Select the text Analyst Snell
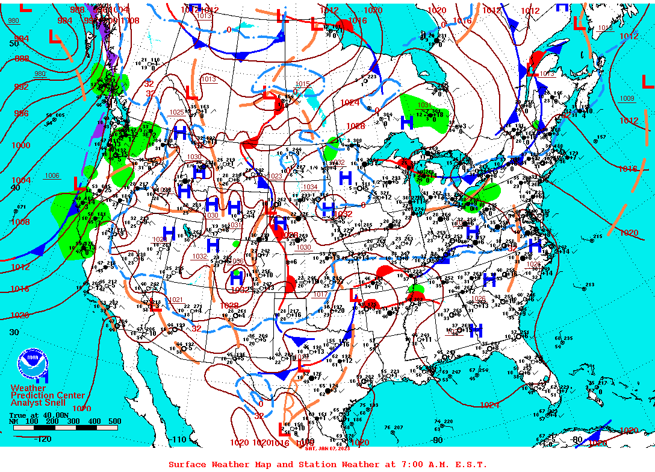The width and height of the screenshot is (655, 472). pyautogui.click(x=39, y=402)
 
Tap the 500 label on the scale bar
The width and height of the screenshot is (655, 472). pyautogui.click(x=114, y=421)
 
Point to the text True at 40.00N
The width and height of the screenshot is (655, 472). pyautogui.click(x=36, y=415)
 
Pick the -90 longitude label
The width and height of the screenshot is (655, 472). pyautogui.click(x=437, y=439)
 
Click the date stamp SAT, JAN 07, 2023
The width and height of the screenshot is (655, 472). pyautogui.click(x=327, y=448)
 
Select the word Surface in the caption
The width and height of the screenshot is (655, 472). pyautogui.click(x=187, y=464)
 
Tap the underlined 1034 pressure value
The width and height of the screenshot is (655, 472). pyautogui.click(x=310, y=187)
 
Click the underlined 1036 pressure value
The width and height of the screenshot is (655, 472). pyautogui.click(x=235, y=261)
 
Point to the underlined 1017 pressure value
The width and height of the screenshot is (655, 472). pyautogui.click(x=320, y=294)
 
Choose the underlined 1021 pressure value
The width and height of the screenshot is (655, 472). pyautogui.click(x=176, y=300)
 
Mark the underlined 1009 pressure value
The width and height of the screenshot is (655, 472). pyautogui.click(x=627, y=98)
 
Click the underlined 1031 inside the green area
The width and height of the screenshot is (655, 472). pyautogui.click(x=424, y=105)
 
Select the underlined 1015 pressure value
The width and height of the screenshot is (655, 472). pyautogui.click(x=302, y=84)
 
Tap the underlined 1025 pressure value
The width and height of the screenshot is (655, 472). pyautogui.click(x=176, y=112)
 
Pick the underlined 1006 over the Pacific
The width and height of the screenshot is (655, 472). pyautogui.click(x=52, y=175)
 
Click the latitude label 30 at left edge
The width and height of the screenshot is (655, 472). pyautogui.click(x=14, y=332)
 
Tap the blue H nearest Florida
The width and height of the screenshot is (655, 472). pyautogui.click(x=476, y=330)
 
